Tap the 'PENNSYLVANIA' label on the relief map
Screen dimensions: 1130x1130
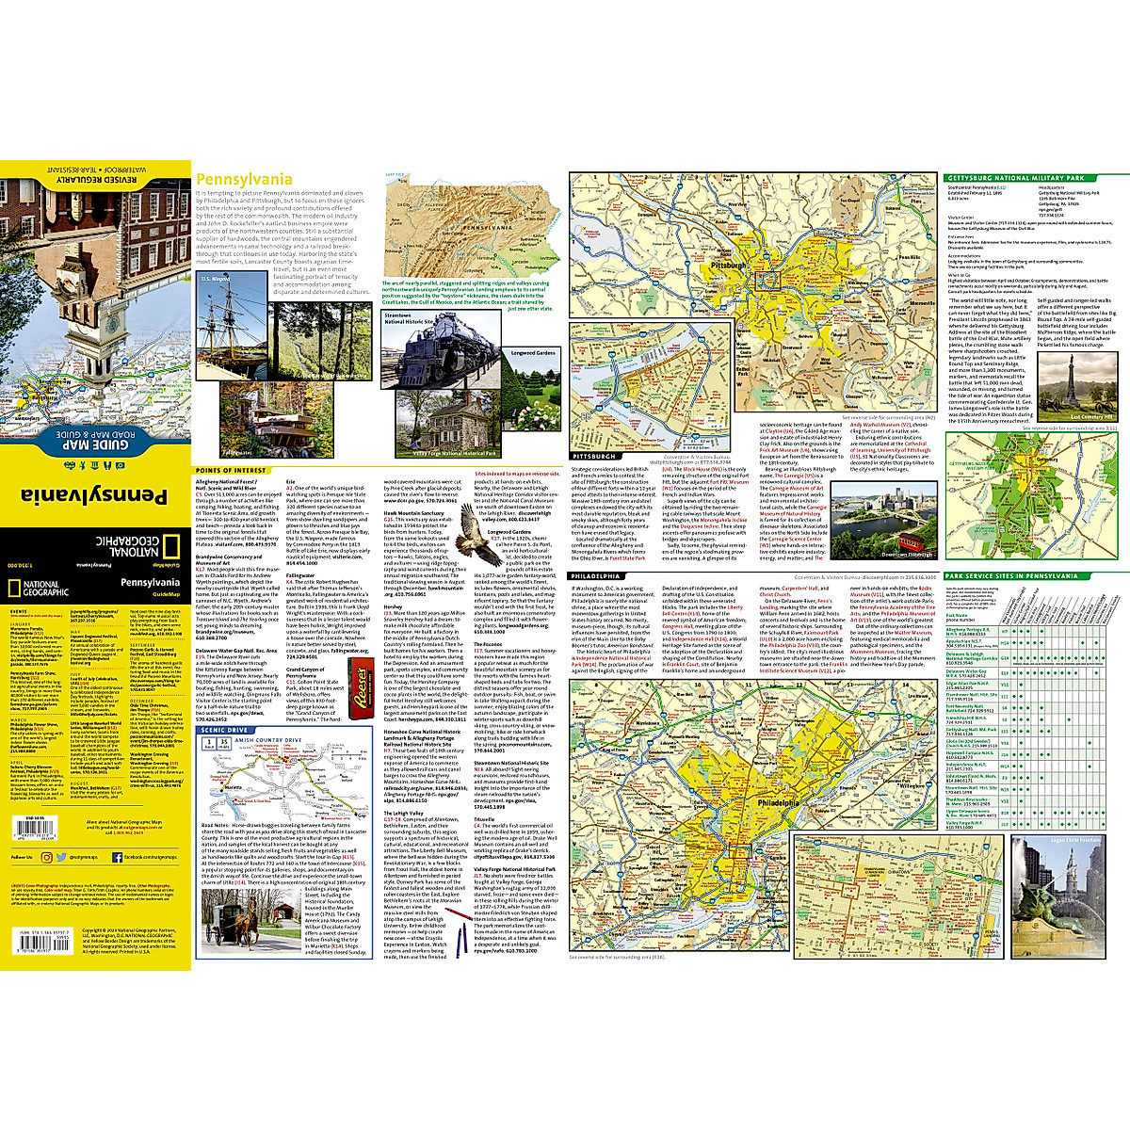coord(480,227)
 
